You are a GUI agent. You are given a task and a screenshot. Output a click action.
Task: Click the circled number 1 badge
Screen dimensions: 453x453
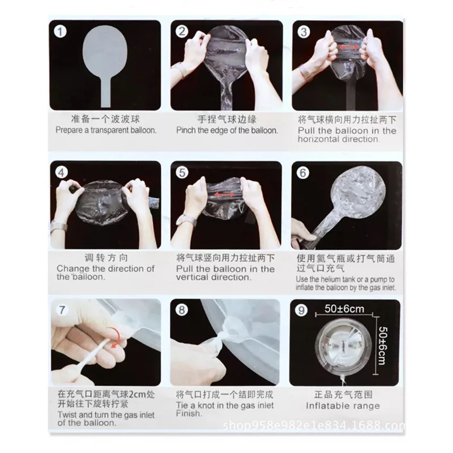point(60,32)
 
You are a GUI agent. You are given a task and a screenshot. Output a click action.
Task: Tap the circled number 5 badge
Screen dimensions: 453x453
point(182,173)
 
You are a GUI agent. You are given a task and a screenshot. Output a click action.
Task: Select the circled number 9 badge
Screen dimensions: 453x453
point(301,310)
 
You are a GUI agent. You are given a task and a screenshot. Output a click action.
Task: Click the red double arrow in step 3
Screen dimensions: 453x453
point(348,47)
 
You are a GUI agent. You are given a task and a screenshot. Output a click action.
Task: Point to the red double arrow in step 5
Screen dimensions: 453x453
point(224,195)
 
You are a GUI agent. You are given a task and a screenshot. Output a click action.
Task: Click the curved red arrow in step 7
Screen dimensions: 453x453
point(116,336)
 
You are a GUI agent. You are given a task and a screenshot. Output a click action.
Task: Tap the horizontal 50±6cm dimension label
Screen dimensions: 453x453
point(344,309)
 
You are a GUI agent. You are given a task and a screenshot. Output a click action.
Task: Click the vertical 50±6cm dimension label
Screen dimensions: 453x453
point(383,346)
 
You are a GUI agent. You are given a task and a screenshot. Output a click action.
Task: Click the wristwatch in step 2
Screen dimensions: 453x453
point(180,69)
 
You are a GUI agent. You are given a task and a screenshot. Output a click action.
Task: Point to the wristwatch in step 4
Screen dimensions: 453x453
point(59,227)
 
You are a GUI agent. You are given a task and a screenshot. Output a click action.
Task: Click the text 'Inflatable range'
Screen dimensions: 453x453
point(343,406)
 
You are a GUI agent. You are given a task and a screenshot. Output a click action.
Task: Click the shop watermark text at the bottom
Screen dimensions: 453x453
point(314,425)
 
